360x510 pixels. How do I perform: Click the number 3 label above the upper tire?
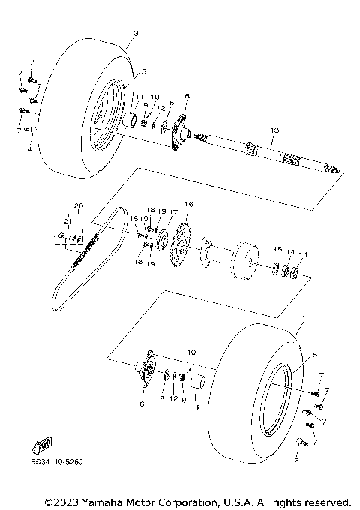(x=136, y=34)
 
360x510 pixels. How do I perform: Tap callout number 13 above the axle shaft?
(x=274, y=130)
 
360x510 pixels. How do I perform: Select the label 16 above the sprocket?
(x=189, y=204)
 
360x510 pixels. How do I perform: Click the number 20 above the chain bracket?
(x=76, y=205)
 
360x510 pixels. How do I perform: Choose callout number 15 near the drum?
(x=277, y=249)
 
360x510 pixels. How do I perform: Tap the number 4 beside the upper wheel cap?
(x=29, y=150)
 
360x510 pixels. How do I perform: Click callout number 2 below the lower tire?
(x=296, y=463)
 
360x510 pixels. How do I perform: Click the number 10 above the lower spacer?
(x=191, y=352)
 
